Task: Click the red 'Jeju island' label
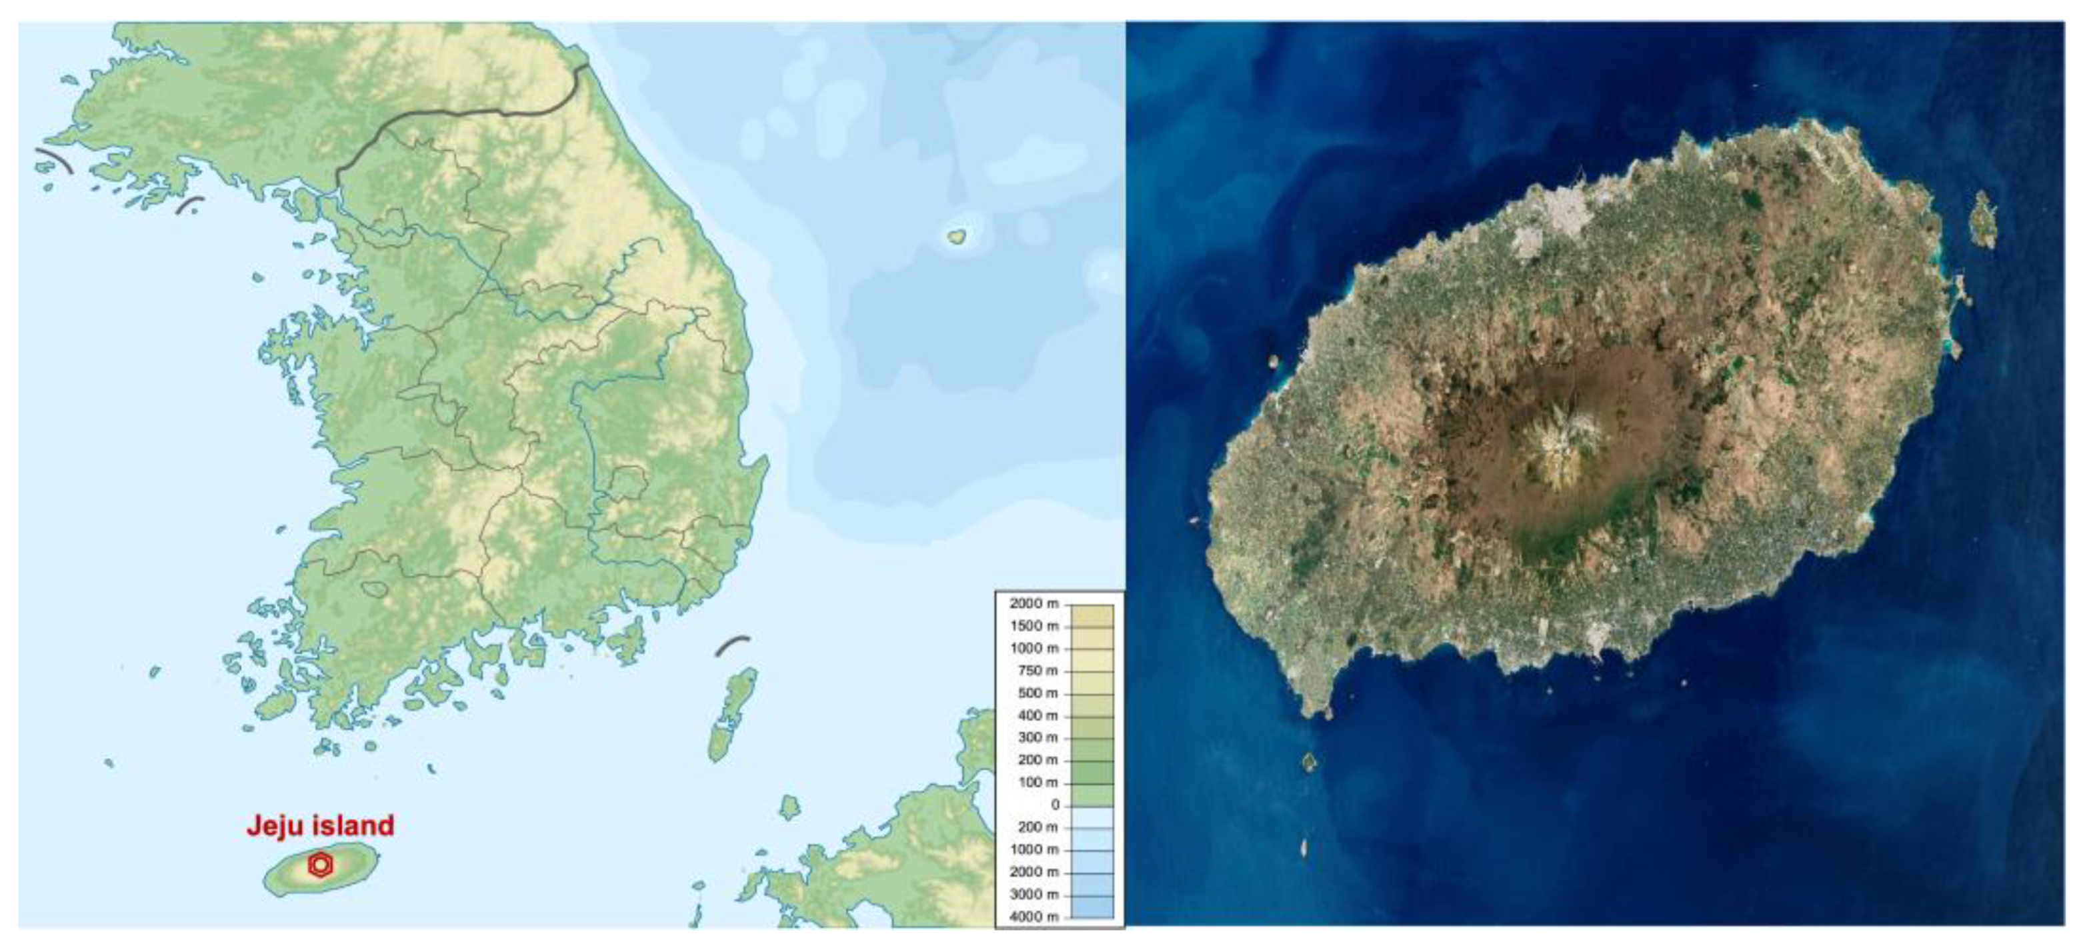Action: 320,825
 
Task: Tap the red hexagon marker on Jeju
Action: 321,865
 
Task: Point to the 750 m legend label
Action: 1037,671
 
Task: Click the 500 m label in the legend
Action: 1037,693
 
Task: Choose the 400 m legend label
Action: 1037,715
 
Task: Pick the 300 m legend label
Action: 1037,738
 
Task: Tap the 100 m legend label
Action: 1037,783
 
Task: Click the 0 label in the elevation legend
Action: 1054,805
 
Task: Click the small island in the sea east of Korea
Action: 957,237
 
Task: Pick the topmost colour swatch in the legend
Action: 1092,616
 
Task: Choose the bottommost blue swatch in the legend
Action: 1092,907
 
